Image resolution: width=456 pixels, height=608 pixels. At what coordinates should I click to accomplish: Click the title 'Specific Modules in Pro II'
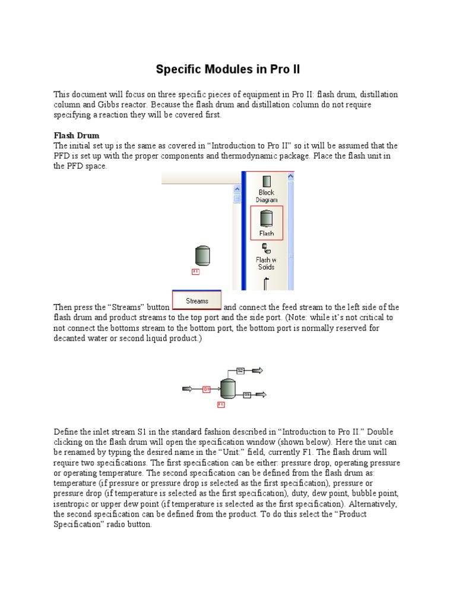click(x=228, y=69)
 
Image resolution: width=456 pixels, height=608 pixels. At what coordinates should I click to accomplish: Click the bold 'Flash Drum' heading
click(x=77, y=135)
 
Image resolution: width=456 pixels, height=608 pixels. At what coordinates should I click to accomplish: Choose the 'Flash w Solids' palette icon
click(x=266, y=256)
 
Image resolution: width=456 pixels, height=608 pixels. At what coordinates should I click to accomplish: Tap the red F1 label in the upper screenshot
click(x=196, y=271)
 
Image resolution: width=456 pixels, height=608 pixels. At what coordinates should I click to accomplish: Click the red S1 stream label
click(x=207, y=389)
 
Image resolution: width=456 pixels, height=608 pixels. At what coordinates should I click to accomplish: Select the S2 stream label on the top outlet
click(x=240, y=370)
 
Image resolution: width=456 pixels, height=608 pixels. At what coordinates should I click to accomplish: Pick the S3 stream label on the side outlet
click(x=246, y=394)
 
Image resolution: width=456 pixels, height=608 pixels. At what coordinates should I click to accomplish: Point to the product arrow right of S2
click(x=258, y=370)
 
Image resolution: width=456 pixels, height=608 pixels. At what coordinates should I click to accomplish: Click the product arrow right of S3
click(x=261, y=394)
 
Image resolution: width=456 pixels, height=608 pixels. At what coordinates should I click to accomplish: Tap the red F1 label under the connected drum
click(x=221, y=405)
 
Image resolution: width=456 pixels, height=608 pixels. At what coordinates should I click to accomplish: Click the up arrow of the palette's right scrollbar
click(x=290, y=177)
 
